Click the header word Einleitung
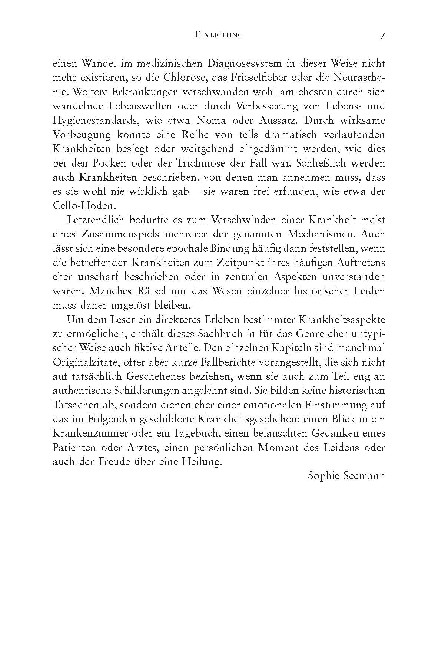coord(219,35)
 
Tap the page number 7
coord(382,36)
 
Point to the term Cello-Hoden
coord(78,206)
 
